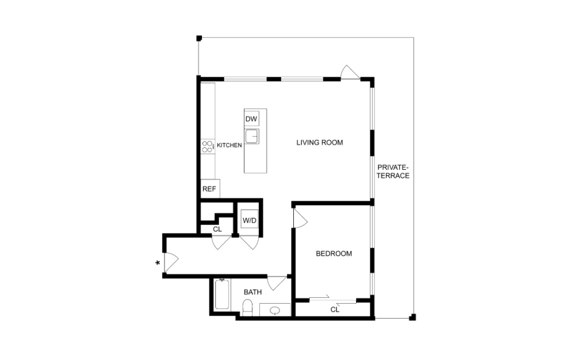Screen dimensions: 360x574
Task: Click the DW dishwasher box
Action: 251,119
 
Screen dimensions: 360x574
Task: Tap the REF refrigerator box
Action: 208,189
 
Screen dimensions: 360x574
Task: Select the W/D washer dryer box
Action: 249,220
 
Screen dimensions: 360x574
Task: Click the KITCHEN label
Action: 229,145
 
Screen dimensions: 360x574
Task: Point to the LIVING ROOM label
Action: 319,142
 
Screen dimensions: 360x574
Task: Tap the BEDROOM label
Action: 334,254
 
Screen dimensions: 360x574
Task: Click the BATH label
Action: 252,292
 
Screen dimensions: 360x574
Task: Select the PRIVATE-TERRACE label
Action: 393,171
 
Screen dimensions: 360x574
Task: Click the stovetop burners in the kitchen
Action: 207,147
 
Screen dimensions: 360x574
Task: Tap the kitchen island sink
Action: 251,137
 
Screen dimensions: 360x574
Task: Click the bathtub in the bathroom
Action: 221,295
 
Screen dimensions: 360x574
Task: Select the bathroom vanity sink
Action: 275,311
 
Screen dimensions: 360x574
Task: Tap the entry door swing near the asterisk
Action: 171,262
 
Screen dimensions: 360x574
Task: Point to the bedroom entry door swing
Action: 300,218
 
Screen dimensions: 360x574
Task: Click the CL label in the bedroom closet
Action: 335,309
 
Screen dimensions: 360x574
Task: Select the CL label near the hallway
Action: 217,229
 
